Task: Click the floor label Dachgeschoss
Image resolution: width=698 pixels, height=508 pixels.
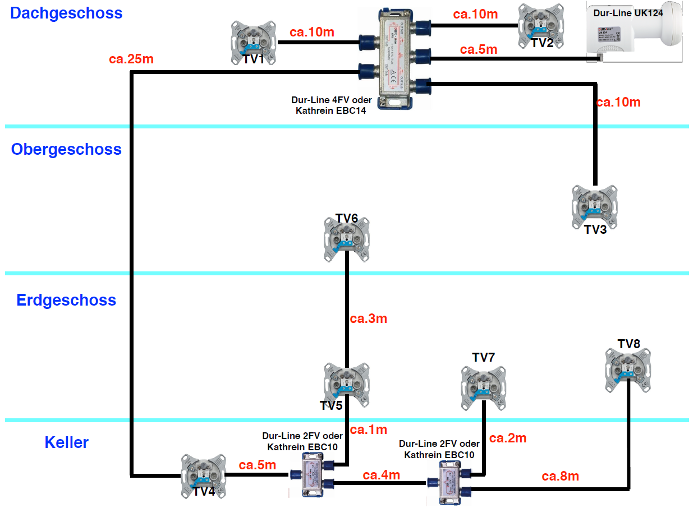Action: (x=66, y=13)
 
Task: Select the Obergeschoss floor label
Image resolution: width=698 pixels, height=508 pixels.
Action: (x=66, y=150)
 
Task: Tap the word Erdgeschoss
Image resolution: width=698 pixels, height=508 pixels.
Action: (x=66, y=300)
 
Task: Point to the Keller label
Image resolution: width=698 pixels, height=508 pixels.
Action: (x=66, y=443)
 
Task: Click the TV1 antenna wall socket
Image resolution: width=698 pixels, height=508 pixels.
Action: (x=254, y=42)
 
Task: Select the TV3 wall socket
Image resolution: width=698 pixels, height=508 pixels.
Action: (x=594, y=207)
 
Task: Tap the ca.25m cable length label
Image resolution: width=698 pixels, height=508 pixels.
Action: (x=132, y=58)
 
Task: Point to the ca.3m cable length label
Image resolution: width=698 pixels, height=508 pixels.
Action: (x=369, y=319)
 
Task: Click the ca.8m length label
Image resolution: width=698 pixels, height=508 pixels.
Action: (x=560, y=477)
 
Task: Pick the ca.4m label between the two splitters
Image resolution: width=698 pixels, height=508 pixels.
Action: (x=381, y=475)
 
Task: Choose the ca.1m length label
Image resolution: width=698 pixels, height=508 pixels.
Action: (x=369, y=430)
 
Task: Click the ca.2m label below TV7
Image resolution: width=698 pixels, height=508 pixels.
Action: (x=508, y=438)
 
